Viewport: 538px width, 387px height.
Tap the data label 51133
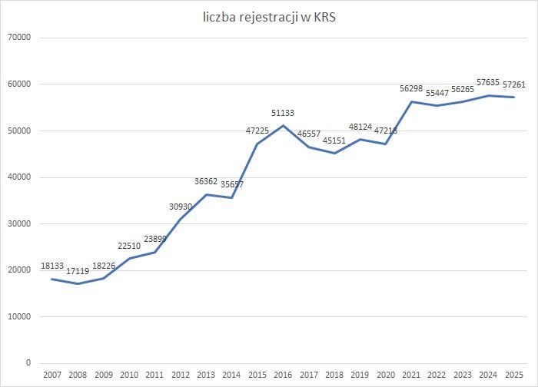[x=283, y=113]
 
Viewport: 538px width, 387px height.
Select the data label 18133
[x=52, y=266]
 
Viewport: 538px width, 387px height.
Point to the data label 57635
[x=489, y=83]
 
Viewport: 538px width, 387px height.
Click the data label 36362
[x=206, y=182]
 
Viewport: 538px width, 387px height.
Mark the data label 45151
[x=334, y=140]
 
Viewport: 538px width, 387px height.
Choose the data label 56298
[x=411, y=88]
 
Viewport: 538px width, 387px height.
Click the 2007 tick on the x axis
[x=52, y=374]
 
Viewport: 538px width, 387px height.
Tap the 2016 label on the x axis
[x=283, y=374]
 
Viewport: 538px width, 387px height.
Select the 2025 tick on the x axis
[x=514, y=374]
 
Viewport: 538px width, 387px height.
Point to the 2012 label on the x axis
[x=181, y=374]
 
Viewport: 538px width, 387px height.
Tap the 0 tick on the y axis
[x=28, y=363]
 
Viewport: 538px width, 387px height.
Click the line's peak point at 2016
[x=283, y=125]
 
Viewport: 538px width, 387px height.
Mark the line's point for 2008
[x=78, y=283]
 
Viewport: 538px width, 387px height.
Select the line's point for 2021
[x=411, y=101]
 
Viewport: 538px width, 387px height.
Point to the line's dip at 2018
[x=334, y=153]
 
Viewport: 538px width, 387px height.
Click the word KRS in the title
[x=325, y=18]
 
